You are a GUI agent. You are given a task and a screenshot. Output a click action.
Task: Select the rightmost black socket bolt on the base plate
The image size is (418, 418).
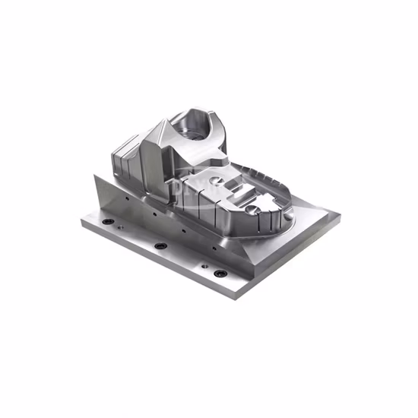pos(220,273)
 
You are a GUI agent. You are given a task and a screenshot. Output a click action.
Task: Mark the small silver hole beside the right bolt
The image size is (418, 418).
pos(203,266)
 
